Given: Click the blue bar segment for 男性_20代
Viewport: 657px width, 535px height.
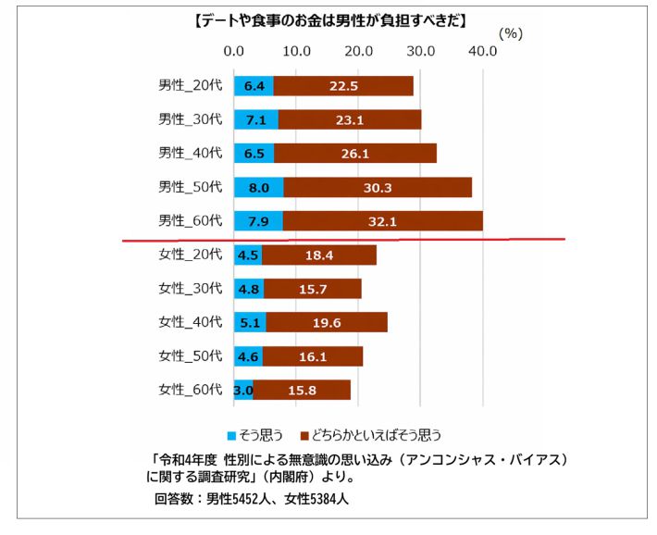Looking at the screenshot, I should (x=254, y=86).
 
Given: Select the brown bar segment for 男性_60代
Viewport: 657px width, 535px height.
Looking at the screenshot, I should (x=383, y=221).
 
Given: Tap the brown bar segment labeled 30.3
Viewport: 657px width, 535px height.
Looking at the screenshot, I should (x=378, y=187).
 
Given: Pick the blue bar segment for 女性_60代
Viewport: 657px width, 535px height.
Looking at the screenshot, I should (x=243, y=390).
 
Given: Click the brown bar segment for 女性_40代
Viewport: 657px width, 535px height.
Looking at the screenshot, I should (x=327, y=322).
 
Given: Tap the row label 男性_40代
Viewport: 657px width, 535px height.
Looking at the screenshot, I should (x=190, y=153).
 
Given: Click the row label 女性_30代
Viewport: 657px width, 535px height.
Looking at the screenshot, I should (x=190, y=288).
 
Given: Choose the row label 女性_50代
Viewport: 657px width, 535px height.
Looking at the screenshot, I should (x=190, y=355).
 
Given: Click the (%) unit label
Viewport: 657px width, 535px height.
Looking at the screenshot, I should (x=511, y=32).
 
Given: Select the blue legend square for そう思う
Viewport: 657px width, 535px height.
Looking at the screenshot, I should (x=231, y=434).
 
